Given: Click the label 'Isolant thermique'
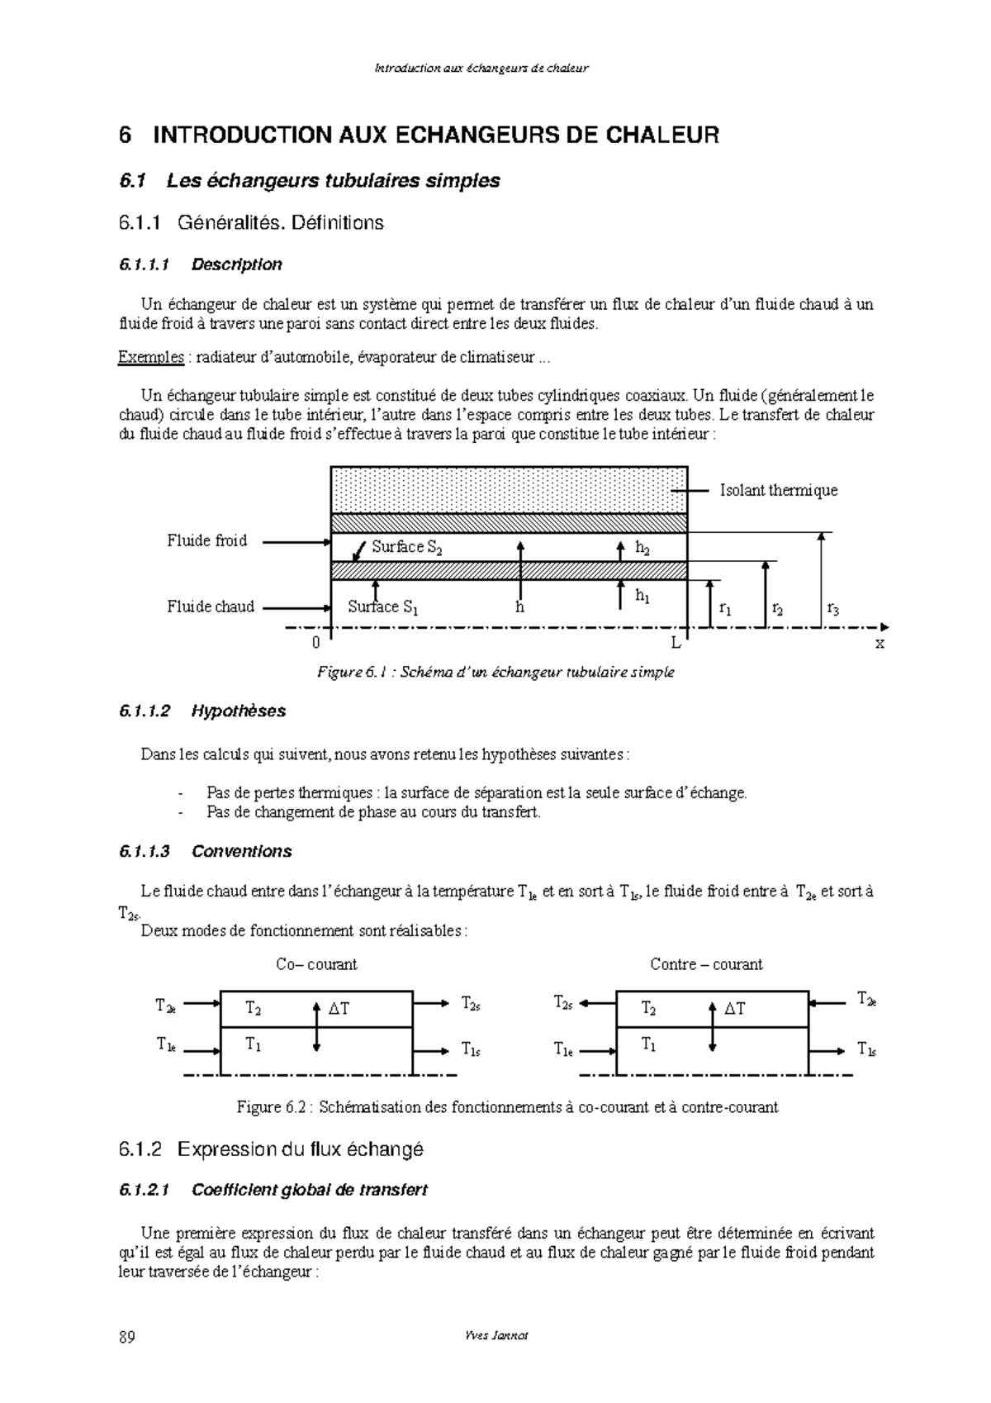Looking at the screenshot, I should tap(778, 491).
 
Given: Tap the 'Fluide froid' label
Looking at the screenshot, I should tap(206, 541).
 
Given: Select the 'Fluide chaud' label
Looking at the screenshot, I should tap(211, 607).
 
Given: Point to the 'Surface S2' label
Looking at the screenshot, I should tap(406, 548).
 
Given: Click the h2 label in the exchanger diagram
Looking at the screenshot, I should tap(642, 548).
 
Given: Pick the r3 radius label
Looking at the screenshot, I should tap(832, 610).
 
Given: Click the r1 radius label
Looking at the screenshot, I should tap(724, 610).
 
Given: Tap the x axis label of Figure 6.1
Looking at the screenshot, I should tap(880, 643).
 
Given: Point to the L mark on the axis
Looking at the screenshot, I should tap(676, 643).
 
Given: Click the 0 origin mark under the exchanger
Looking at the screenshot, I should tap(315, 643).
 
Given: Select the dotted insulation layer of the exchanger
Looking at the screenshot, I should tap(509, 490).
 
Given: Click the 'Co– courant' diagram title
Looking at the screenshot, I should tap(316, 964).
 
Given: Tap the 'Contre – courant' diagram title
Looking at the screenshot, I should tap(706, 964).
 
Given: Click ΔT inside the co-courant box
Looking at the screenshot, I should tap(339, 1009).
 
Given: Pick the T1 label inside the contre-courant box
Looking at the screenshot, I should tap(649, 1045).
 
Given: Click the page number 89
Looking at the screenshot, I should tap(127, 1338).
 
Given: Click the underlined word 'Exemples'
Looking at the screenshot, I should tap(152, 357).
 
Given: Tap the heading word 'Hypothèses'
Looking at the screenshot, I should tap(238, 711).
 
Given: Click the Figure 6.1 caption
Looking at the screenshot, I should tap(495, 673).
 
